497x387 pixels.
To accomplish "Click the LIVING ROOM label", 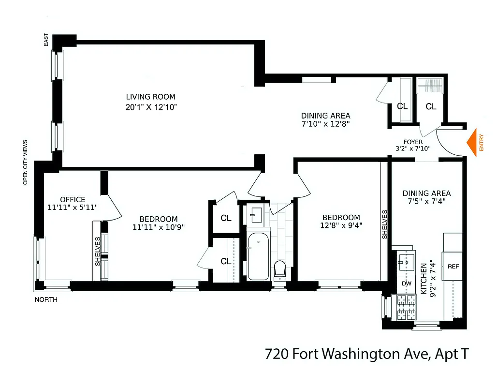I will point(151,97).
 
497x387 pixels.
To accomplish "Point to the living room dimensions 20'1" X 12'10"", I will point(151,107).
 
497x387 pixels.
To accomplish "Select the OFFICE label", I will point(73,199).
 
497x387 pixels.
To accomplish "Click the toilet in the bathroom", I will point(280,270).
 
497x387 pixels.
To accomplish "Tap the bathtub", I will point(258,256).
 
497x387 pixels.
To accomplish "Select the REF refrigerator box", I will point(453,267).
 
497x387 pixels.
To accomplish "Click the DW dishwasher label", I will point(406,283).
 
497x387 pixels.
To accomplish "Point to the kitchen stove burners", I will point(406,308).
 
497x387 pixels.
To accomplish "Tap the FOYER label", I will point(413,142).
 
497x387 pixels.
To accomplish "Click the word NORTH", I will point(46,300).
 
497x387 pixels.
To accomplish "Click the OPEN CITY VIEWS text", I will point(25,162).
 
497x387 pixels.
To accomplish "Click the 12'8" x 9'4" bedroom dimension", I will point(341,225).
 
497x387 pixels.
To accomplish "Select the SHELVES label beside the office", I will point(98,251).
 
